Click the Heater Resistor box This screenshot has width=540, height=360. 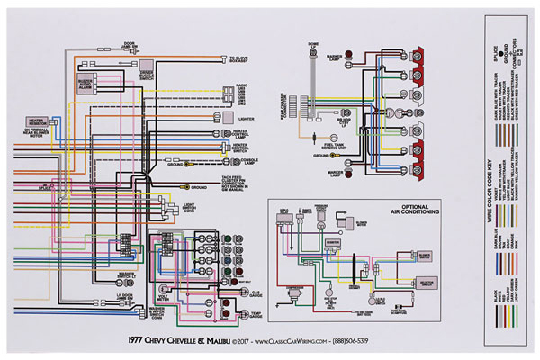(37, 120)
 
